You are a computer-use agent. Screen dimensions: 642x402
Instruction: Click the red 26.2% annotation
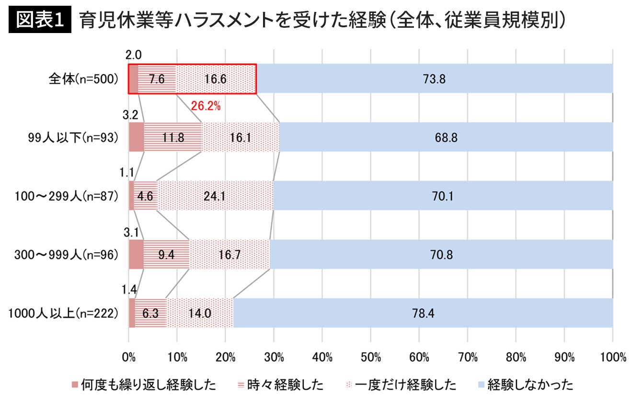pos(206,106)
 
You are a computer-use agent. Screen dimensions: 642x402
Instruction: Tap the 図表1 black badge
pos(40,20)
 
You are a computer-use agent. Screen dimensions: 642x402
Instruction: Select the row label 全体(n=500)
pos(83,79)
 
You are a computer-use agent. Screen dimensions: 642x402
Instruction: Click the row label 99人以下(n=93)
pos(73,138)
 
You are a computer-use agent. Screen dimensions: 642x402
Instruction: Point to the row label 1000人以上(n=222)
pos(63,313)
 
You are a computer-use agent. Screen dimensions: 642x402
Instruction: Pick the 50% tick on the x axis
pos(370,357)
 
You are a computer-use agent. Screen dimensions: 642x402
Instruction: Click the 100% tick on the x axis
pos(613,357)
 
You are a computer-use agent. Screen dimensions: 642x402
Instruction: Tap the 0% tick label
pos(129,357)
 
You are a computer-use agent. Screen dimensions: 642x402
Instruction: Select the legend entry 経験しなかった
pos(526,385)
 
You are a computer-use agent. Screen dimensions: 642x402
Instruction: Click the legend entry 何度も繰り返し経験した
pos(144,385)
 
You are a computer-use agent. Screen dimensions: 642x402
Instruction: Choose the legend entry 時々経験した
pos(281,385)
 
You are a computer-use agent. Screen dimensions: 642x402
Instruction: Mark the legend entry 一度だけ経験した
pos(401,385)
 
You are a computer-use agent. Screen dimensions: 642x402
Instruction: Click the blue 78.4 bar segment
pos(423,313)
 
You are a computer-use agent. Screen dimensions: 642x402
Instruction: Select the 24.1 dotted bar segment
pos(215,196)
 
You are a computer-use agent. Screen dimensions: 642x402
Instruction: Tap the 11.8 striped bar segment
pos(173,137)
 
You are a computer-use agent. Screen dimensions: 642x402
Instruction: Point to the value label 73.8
pos(434,79)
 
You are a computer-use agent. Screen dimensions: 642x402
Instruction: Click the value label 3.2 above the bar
pos(130,115)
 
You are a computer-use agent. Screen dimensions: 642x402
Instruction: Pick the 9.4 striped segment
pos(167,254)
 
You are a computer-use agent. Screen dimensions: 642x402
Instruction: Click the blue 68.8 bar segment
pos(446,137)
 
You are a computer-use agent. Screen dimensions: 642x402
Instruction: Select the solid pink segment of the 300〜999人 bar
pos(136,254)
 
